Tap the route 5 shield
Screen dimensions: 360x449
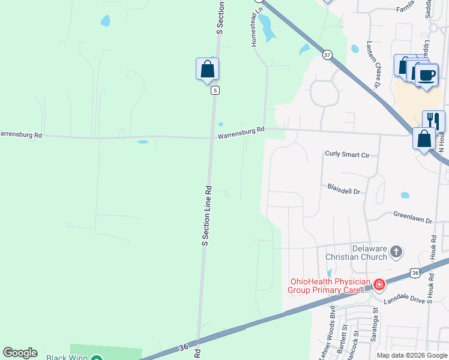[214, 91]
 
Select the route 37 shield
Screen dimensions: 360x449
[327, 55]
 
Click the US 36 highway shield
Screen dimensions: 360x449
[415, 273]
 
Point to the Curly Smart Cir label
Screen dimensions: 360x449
[346, 155]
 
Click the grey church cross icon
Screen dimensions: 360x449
[396, 251]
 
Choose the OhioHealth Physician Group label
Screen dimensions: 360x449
[330, 286]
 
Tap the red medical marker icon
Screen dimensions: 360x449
[379, 284]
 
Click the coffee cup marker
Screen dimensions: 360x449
[427, 75]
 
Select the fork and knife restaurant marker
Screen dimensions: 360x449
[433, 121]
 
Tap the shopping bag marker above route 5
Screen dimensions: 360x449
[207, 69]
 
